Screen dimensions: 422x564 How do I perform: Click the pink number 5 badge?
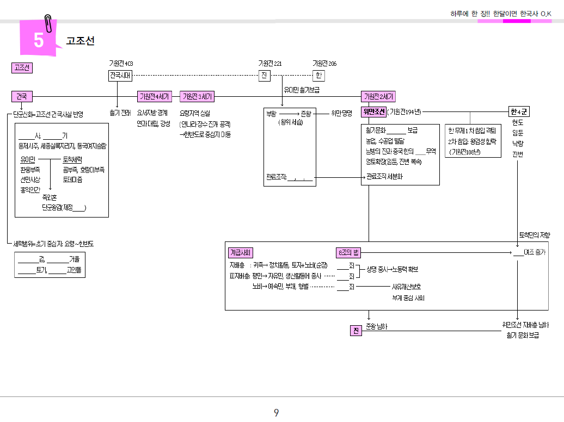tap(38, 40)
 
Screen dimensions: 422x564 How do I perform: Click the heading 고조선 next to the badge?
tap(81, 41)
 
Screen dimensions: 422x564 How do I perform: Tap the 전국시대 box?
tap(120, 76)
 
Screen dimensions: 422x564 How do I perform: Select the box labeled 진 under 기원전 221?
tap(264, 76)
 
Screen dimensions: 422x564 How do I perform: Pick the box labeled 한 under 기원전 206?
tap(319, 76)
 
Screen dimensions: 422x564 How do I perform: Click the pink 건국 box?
tap(22, 96)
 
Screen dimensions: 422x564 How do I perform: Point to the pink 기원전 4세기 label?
tap(155, 97)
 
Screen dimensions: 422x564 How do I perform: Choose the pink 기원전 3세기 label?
tap(197, 97)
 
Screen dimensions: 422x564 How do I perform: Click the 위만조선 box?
tap(373, 112)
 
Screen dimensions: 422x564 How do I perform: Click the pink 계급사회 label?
tap(240, 252)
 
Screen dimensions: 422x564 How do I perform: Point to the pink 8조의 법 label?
tap(349, 252)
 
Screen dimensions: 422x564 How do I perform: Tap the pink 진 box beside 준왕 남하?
tap(355, 331)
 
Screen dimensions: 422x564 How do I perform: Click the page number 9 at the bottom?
tap(277, 413)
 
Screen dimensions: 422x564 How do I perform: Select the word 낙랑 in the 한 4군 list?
tap(517, 144)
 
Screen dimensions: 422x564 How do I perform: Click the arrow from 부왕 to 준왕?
tap(288, 113)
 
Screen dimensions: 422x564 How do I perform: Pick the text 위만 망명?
tap(342, 113)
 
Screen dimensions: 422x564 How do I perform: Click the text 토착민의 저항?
tap(534, 235)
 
